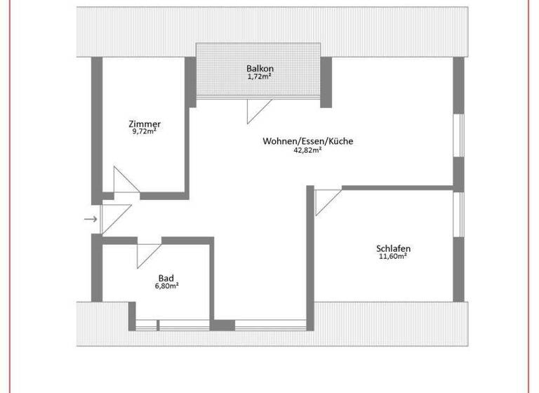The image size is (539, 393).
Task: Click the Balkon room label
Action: (x=259, y=68)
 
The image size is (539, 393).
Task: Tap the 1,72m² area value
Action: (x=259, y=76)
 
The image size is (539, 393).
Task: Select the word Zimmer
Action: (x=145, y=124)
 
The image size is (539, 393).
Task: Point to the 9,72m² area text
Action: (x=145, y=132)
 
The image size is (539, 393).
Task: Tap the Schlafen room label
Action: (x=393, y=248)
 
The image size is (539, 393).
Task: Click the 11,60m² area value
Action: (x=393, y=257)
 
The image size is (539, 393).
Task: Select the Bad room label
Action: (x=166, y=278)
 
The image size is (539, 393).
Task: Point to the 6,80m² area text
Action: (x=166, y=286)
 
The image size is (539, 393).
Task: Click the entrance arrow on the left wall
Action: (x=91, y=219)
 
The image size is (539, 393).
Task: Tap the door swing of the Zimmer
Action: (x=125, y=180)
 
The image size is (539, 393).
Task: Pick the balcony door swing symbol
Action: (x=257, y=111)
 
